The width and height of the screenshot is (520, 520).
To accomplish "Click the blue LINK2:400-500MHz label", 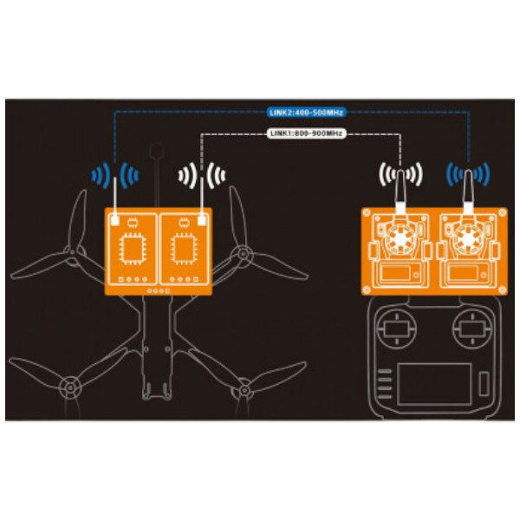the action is [x=306, y=113].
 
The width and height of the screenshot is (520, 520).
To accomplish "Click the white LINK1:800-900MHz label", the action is [x=306, y=133].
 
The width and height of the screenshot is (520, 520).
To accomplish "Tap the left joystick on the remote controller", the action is [x=397, y=329].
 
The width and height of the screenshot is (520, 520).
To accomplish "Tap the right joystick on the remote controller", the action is [x=472, y=329].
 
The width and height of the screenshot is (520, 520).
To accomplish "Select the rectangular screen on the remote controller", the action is [x=434, y=384].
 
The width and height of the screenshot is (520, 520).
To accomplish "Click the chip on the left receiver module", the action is [x=133, y=249].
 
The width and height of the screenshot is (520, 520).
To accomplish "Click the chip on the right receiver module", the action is [x=184, y=249].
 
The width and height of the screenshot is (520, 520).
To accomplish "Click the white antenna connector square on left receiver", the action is [x=115, y=220].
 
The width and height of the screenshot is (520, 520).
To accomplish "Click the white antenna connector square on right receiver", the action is [x=202, y=220].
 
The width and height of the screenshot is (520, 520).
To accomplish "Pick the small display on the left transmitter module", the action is [x=394, y=273].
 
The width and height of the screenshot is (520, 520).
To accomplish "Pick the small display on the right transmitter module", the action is [x=463, y=273].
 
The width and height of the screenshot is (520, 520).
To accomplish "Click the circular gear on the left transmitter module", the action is [x=400, y=237].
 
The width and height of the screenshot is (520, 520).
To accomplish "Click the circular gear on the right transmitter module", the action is [x=468, y=237].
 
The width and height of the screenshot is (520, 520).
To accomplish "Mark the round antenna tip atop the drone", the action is [x=157, y=151].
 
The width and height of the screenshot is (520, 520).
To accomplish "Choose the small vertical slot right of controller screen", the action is [x=484, y=384].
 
